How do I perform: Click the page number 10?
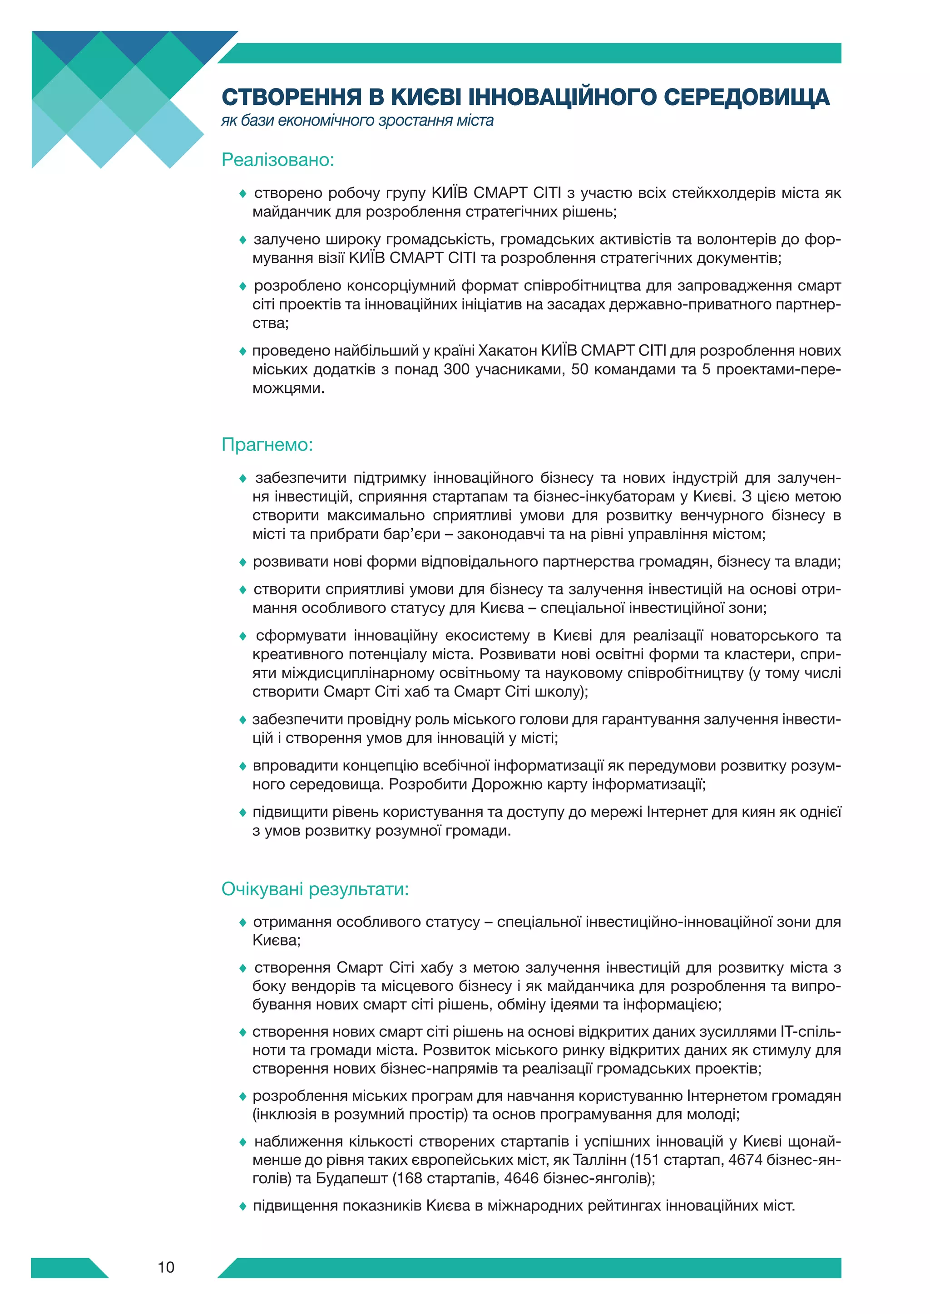[x=166, y=1267]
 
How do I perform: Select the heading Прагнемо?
[x=267, y=445]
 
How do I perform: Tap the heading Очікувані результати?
[x=315, y=889]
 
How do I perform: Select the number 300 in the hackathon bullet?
[x=456, y=369]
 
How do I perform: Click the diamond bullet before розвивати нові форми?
[x=243, y=563]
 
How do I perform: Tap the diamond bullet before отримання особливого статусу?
[x=243, y=922]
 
